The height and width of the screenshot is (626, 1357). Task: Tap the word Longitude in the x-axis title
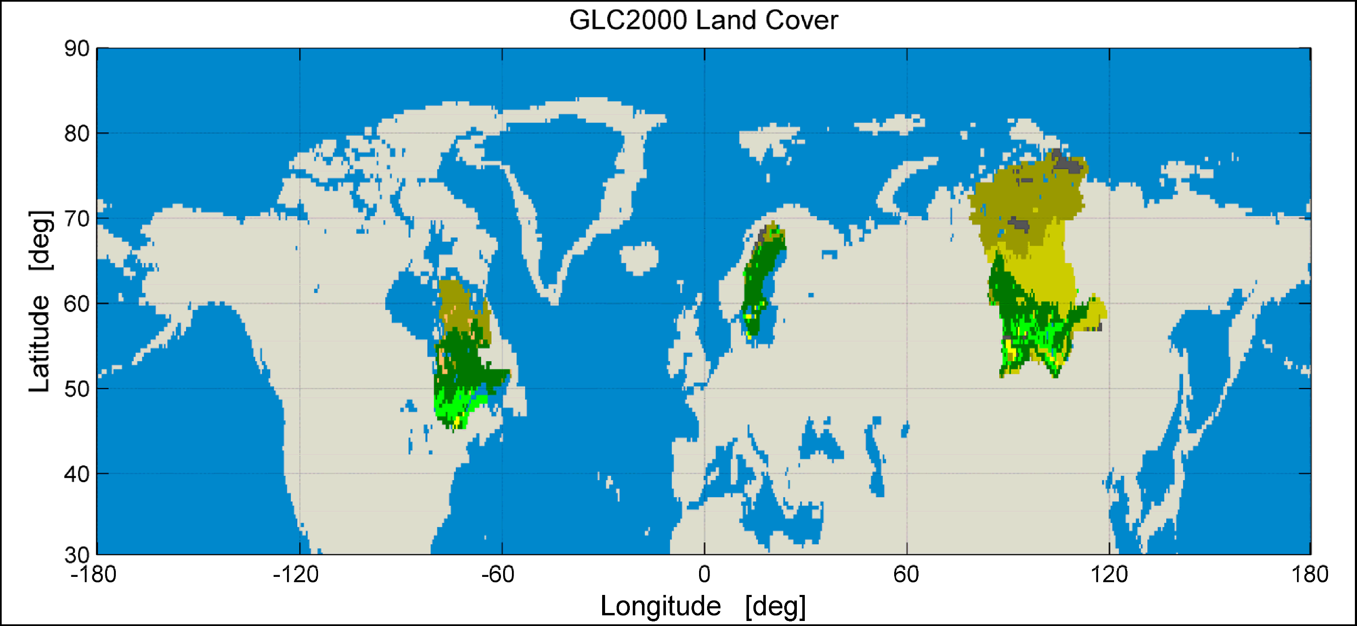(x=660, y=606)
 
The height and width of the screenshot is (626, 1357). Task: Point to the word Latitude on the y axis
(x=39, y=343)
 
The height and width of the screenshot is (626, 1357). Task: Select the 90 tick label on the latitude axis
(x=77, y=49)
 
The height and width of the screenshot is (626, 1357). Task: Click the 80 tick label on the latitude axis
(x=77, y=134)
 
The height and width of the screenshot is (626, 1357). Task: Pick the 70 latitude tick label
(x=77, y=219)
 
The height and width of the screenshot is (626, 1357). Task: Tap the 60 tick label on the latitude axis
(x=77, y=304)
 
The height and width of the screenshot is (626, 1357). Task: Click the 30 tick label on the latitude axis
(x=77, y=555)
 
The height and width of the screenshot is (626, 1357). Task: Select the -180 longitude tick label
(x=94, y=575)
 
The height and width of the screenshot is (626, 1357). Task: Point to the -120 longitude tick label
(x=295, y=575)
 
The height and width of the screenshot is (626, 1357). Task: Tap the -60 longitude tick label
(x=498, y=575)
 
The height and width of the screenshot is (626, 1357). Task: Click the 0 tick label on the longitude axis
(x=705, y=575)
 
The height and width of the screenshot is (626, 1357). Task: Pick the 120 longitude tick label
(x=1109, y=575)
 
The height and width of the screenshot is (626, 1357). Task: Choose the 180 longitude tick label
(x=1310, y=575)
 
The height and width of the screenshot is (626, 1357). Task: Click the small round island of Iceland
(x=639, y=258)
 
